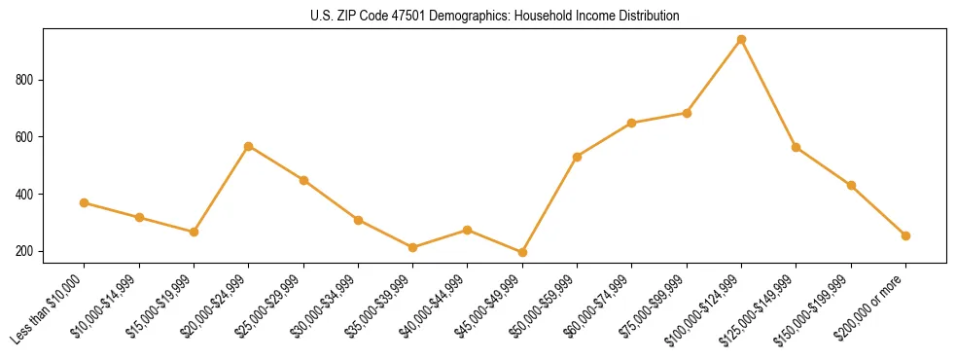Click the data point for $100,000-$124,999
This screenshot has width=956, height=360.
coord(741,40)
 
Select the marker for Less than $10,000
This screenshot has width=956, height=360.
coord(85,202)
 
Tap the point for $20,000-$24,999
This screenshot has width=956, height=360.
coord(249,146)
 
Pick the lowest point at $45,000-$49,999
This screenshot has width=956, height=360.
coord(522,252)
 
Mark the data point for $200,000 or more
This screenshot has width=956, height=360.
coord(905,235)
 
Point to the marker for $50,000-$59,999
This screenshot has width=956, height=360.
coord(578,157)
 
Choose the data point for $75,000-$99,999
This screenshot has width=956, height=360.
coord(687,113)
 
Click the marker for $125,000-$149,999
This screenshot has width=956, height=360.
coord(797,147)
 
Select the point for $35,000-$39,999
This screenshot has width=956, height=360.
coord(413,247)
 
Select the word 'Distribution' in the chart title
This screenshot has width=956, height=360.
coord(647,17)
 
